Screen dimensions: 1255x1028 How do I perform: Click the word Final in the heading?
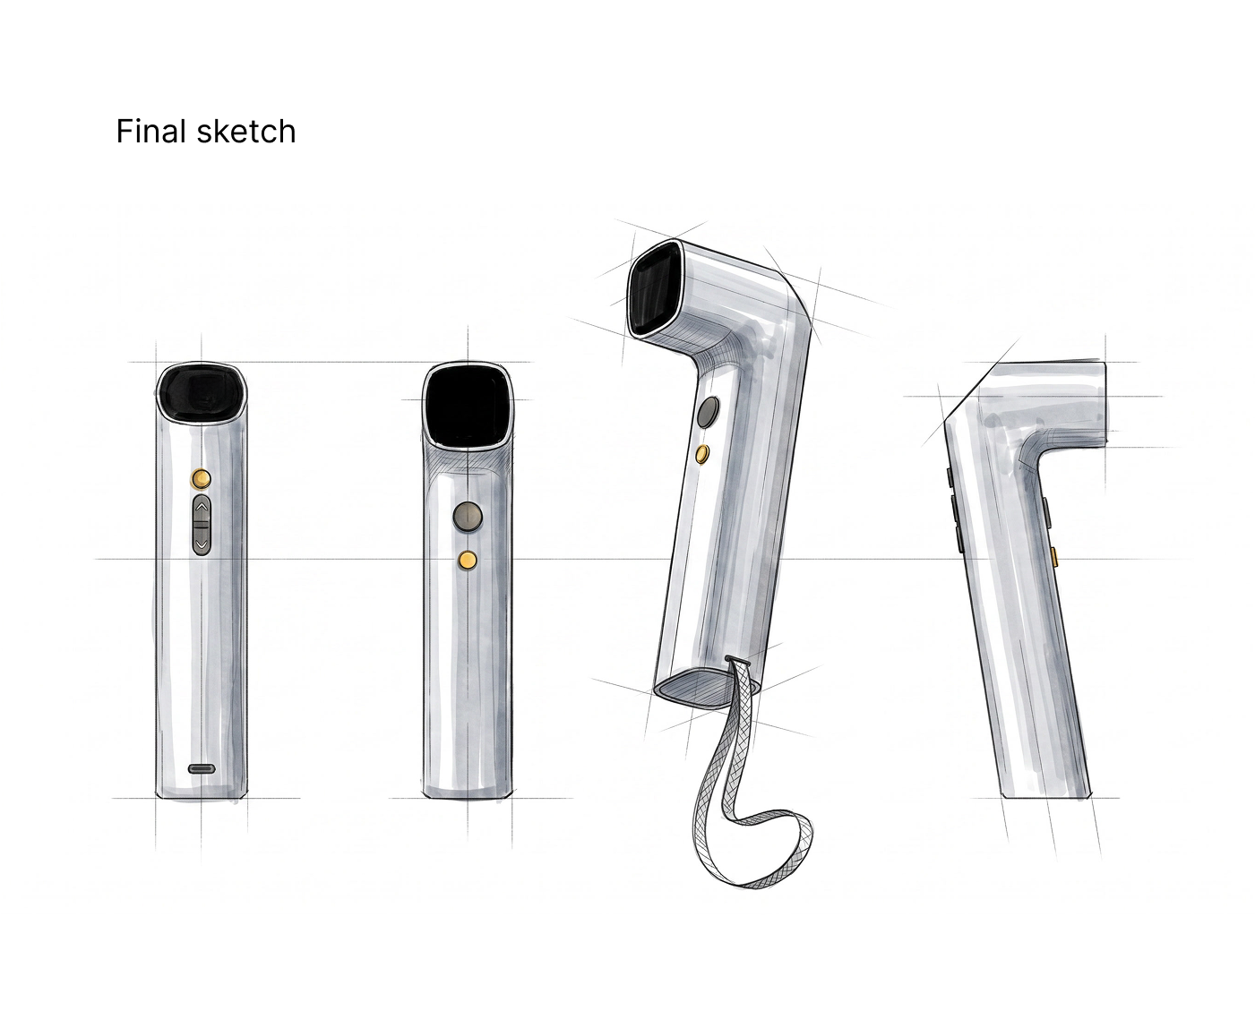point(151,132)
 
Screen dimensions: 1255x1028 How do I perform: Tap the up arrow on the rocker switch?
point(202,508)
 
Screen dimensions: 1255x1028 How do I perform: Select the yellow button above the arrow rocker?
point(202,477)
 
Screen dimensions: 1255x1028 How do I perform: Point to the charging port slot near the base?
point(202,769)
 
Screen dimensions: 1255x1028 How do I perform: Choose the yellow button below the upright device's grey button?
point(468,560)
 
